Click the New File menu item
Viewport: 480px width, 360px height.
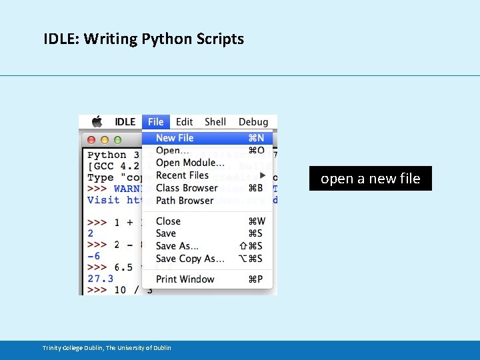175,138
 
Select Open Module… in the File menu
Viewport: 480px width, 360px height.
190,163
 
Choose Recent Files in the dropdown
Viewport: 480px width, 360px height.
182,175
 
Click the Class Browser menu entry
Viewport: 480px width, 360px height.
187,188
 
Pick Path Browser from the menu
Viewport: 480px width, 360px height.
185,201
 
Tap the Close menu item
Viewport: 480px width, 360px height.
168,221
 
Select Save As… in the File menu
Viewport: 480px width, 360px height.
177,246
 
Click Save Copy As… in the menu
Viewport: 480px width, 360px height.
190,259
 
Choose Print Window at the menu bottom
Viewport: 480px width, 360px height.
185,279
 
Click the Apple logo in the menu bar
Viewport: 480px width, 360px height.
97,121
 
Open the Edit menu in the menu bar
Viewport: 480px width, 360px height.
185,122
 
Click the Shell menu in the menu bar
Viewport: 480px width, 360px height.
215,122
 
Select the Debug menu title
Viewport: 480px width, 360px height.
253,122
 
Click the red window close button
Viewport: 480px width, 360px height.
92,140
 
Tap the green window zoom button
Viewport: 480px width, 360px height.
117,140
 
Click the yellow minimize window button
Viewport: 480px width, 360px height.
105,140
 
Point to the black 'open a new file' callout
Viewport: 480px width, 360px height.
370,179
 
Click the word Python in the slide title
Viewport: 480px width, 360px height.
167,39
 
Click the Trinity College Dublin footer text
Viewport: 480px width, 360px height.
107,348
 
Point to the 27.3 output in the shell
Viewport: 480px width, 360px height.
100,279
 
